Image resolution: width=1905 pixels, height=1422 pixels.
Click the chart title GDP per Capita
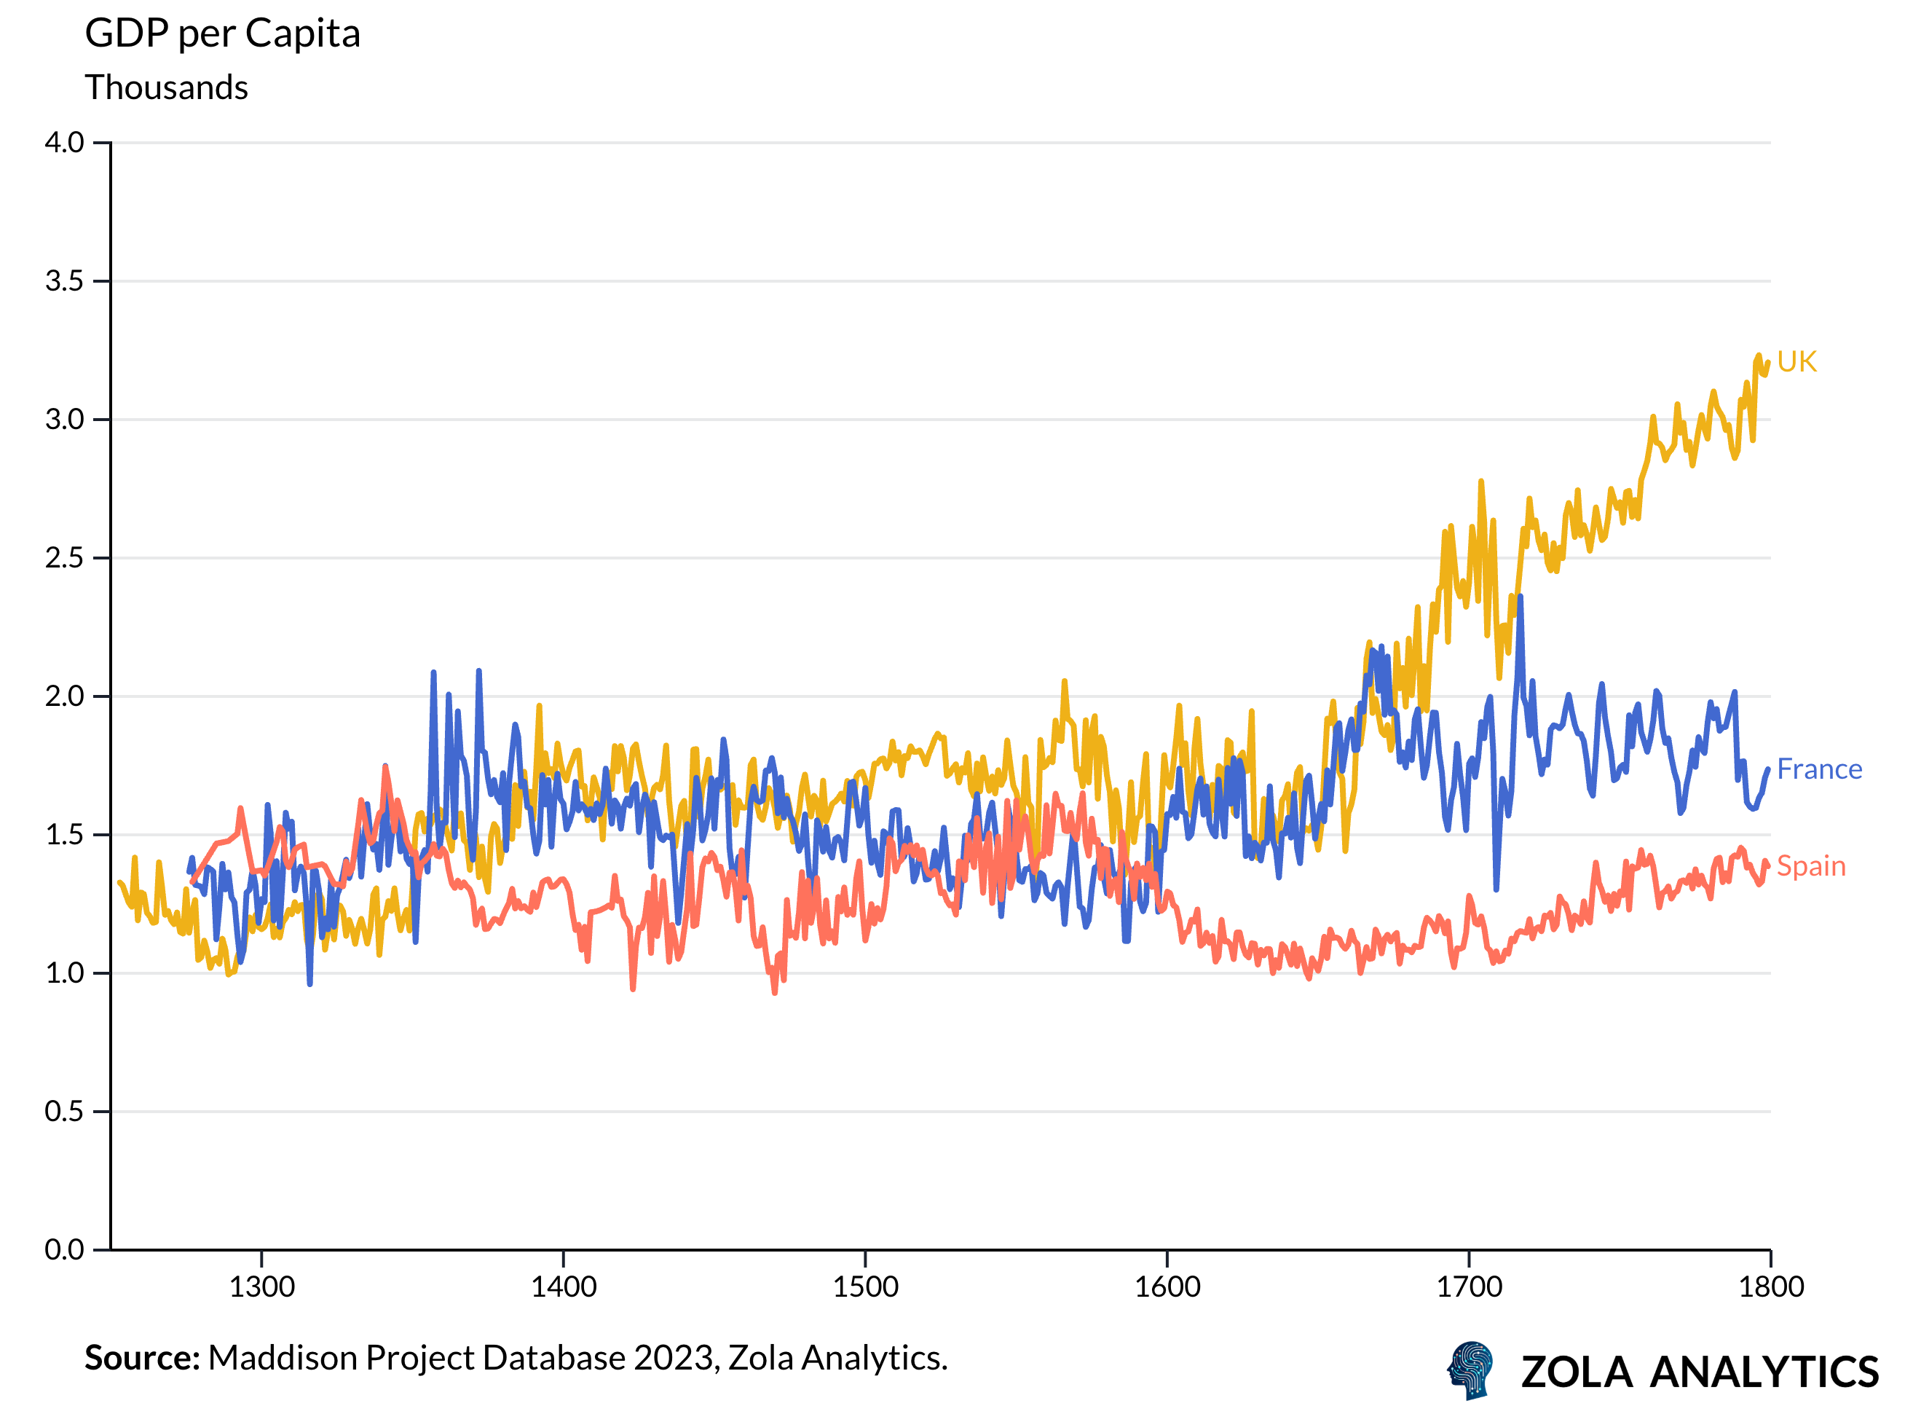[222, 34]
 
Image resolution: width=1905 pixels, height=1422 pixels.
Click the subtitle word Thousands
[166, 88]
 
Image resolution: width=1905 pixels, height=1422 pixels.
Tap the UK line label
[1796, 361]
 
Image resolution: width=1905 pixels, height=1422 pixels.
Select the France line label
[1818, 769]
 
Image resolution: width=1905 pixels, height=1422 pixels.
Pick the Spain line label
[1810, 866]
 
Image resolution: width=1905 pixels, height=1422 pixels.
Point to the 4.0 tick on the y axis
[65, 143]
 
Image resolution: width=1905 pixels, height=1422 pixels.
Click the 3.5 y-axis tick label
[65, 281]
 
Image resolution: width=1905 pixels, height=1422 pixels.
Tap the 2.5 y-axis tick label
[65, 558]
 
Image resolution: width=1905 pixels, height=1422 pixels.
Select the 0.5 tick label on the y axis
[65, 1111]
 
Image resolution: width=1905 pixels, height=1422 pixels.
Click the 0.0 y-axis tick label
[65, 1250]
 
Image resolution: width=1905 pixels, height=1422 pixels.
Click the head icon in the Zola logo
[1470, 1370]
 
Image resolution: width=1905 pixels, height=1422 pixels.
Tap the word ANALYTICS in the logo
[1763, 1372]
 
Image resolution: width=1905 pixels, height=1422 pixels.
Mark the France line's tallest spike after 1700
[1521, 597]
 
